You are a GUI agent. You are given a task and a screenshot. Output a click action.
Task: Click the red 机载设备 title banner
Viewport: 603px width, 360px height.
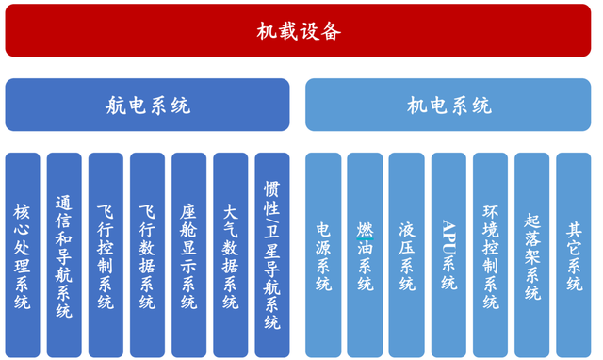coord(299,30)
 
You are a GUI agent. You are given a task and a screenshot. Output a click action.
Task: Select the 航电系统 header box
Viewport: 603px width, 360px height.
coord(147,105)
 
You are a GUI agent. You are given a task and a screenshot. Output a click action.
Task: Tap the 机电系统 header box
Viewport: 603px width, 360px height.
coord(448,105)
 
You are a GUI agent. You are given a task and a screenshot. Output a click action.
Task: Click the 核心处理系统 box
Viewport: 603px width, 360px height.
coord(23,254)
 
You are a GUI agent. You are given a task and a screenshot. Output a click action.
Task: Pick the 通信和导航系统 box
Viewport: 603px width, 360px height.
coord(64,254)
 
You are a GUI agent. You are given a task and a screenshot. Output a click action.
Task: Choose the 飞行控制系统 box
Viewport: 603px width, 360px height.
coord(106,254)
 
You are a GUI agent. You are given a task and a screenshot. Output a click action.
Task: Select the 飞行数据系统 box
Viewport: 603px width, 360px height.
coord(147,254)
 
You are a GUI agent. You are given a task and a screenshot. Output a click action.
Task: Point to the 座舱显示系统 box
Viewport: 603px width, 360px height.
coord(188,254)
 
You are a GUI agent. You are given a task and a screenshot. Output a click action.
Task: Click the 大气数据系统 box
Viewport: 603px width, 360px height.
coord(230,254)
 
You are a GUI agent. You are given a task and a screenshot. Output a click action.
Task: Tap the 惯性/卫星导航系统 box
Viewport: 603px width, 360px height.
coord(271,254)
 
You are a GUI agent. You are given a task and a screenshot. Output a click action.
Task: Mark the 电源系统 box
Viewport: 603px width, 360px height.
coord(323,254)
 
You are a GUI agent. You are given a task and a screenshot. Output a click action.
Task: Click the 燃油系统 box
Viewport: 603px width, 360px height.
coord(365,254)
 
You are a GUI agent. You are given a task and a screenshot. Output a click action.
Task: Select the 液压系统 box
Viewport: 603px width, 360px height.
coord(406,254)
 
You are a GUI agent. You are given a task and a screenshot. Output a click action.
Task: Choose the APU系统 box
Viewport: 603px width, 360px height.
coord(448,254)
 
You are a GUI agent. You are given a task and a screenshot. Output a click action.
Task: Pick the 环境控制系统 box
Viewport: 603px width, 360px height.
coord(490,254)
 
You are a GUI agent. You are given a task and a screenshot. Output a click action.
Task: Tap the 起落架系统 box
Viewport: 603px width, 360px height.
coord(531,254)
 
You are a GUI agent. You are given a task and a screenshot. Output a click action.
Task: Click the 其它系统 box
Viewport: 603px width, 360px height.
coord(573,254)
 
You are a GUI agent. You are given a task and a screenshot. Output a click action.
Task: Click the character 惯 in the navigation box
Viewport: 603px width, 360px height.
coord(271,188)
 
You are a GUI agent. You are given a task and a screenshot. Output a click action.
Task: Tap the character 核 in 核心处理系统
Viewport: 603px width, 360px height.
coord(23,209)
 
